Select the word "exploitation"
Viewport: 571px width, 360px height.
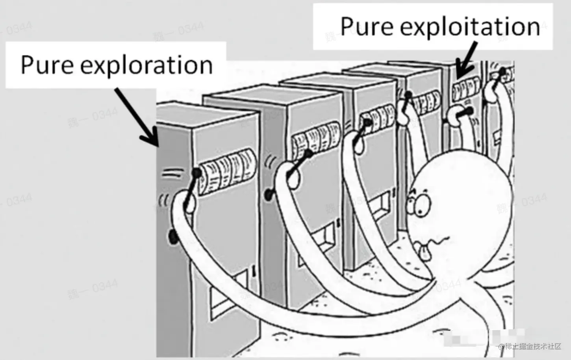pos(469,27)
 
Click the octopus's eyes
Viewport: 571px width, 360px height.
pos(417,201)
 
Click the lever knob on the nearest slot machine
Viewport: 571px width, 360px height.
pos(196,172)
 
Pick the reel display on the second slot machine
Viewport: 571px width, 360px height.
pos(315,138)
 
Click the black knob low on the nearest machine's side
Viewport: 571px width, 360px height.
pos(172,236)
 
